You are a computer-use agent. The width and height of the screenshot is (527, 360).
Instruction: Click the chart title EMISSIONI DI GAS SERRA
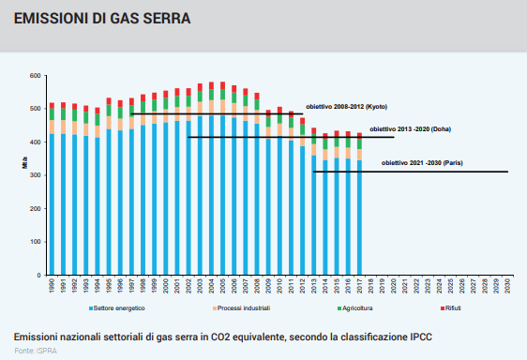pyautogui.click(x=102, y=19)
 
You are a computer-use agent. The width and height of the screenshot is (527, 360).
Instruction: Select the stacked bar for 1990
pyautogui.click(x=52, y=188)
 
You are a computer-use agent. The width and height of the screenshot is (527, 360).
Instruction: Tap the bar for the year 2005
pyautogui.click(x=222, y=178)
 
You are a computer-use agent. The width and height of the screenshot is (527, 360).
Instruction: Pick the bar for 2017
pyautogui.click(x=359, y=203)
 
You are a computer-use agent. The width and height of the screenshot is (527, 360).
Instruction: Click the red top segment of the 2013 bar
pyautogui.click(x=313, y=130)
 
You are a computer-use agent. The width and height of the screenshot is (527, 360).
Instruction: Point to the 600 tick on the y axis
pyautogui.click(x=36, y=76)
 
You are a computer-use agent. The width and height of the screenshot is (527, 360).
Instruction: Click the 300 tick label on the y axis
pyautogui.click(x=36, y=175)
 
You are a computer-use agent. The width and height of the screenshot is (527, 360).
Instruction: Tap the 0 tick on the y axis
pyautogui.click(x=39, y=276)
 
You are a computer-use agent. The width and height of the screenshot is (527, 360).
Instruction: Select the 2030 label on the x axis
pyautogui.click(x=507, y=286)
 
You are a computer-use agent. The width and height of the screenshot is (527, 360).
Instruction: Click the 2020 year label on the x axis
pyautogui.click(x=394, y=286)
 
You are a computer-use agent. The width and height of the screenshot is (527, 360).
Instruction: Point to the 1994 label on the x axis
pyautogui.click(x=98, y=286)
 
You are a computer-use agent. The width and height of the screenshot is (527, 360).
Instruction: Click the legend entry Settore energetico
pyautogui.click(x=117, y=308)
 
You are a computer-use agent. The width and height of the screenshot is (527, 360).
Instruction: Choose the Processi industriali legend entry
pyautogui.click(x=241, y=308)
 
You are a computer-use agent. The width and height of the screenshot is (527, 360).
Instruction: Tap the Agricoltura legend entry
pyautogui.click(x=354, y=308)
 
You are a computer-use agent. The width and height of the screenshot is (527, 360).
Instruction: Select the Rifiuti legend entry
pyautogui.click(x=451, y=308)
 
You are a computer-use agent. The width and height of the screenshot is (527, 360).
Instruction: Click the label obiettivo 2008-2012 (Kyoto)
pyautogui.click(x=347, y=107)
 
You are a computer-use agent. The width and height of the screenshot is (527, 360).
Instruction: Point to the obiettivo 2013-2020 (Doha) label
pyautogui.click(x=410, y=129)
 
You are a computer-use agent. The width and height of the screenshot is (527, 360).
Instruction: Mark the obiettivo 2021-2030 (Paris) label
pyautogui.click(x=422, y=163)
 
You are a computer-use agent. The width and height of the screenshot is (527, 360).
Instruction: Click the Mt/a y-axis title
pyautogui.click(x=25, y=163)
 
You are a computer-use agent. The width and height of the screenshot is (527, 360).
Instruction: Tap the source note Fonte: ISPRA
pyautogui.click(x=36, y=351)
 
